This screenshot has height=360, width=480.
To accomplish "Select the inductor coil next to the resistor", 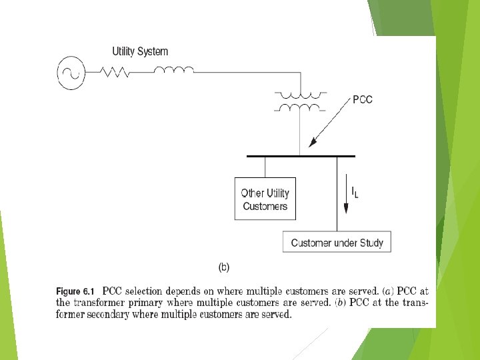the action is click(x=174, y=69).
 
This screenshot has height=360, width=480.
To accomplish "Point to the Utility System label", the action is click(x=140, y=51).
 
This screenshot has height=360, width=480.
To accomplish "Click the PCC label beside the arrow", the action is click(x=363, y=100).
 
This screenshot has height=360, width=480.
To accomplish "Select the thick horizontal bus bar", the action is click(x=301, y=156).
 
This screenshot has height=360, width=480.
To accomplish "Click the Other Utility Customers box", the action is click(x=265, y=199).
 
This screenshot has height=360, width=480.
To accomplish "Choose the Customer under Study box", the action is click(x=337, y=243).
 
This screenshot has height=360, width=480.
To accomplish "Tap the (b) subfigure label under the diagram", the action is click(x=225, y=267).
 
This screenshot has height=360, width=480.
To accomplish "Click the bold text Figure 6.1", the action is click(x=76, y=291).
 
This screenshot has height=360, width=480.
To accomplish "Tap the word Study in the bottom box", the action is click(x=370, y=243).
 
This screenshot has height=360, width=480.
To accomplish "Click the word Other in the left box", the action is click(x=252, y=193).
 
